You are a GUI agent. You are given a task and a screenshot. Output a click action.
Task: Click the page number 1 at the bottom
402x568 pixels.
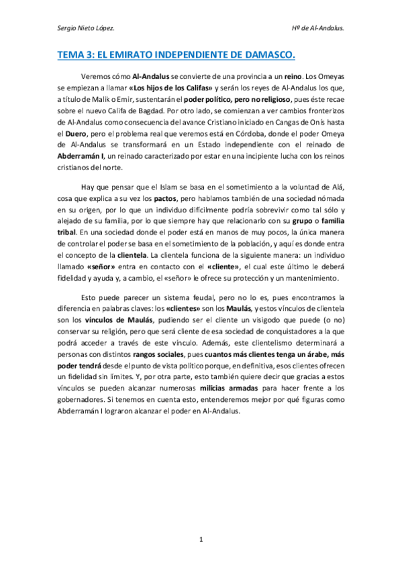point(201,539)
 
